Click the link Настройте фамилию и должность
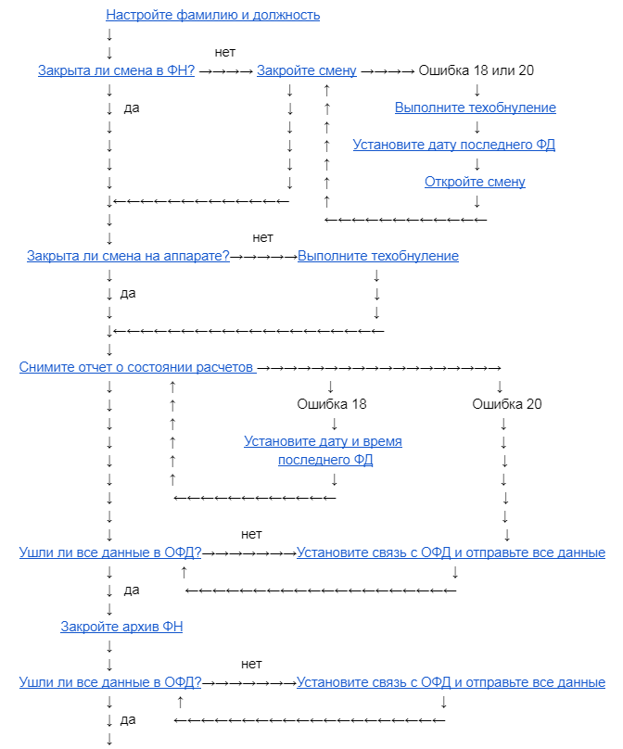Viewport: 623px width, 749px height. [213, 15]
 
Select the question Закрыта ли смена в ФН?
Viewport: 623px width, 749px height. [116, 70]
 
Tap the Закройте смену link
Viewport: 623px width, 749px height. [306, 70]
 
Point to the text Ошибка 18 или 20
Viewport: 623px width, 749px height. [477, 70]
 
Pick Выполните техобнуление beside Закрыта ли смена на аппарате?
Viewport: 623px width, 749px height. [378, 256]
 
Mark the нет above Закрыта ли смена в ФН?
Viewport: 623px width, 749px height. [224, 52]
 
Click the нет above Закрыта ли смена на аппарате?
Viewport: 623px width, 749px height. [262, 237]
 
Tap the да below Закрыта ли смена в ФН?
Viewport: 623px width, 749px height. [132, 108]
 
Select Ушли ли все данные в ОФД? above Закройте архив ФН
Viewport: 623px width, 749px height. [110, 552]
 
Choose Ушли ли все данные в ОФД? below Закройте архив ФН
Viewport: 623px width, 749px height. [110, 682]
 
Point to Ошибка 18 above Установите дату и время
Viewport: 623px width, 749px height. [331, 404]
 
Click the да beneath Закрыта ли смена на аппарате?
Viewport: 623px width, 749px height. [128, 293]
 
